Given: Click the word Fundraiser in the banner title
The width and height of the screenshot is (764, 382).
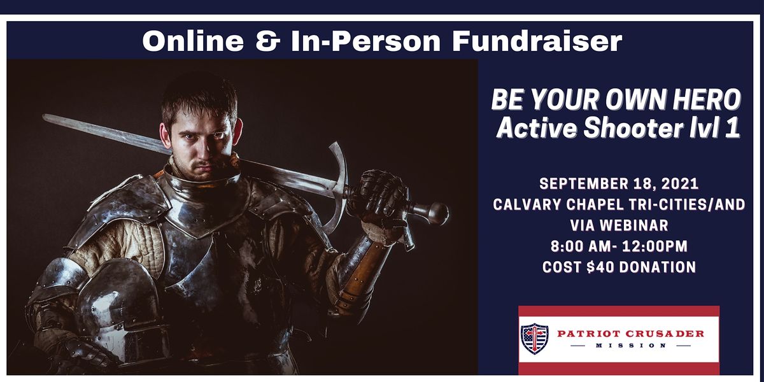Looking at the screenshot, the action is pos(537,41).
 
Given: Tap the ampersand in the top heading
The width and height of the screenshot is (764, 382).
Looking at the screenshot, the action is pos(268,41).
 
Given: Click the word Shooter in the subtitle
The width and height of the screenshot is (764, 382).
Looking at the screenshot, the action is pos(632,128).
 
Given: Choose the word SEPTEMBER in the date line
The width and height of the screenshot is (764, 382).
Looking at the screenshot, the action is pos(584,184).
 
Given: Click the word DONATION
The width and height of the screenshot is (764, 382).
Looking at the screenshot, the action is pos(658,267).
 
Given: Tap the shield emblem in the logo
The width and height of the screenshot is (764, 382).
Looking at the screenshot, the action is pos(535,339).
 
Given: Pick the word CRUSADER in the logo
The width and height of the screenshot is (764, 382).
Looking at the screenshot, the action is pos(665,334).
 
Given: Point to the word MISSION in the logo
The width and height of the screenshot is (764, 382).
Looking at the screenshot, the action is pos(631,346).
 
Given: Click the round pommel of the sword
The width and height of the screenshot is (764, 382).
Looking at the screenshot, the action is pos(437,213).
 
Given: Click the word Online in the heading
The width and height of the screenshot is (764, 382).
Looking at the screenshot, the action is pos(193,41).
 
